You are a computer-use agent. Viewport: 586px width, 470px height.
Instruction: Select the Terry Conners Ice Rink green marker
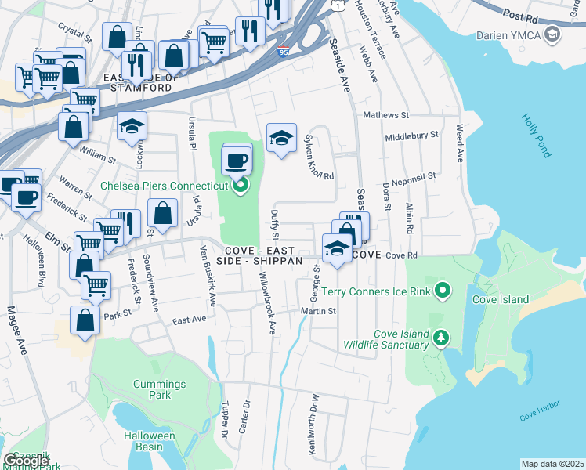[443, 291]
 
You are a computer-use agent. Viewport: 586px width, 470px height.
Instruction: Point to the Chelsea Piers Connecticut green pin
[241, 186]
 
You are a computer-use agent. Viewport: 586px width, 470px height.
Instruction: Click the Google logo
[26, 461]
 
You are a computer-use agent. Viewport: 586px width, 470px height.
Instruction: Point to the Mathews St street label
[385, 115]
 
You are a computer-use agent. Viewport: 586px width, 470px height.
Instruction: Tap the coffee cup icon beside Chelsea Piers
[237, 162]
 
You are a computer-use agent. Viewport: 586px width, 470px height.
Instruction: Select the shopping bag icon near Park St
[85, 321]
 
